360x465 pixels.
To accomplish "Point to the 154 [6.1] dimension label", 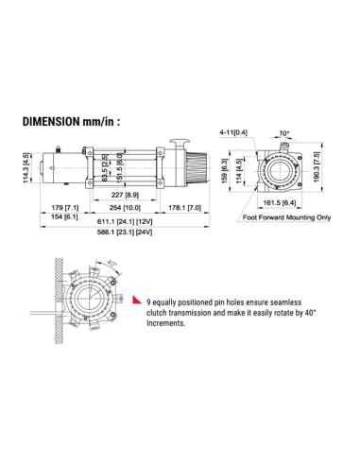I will click(66, 216).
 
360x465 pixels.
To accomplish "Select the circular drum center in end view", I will click(280, 173).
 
